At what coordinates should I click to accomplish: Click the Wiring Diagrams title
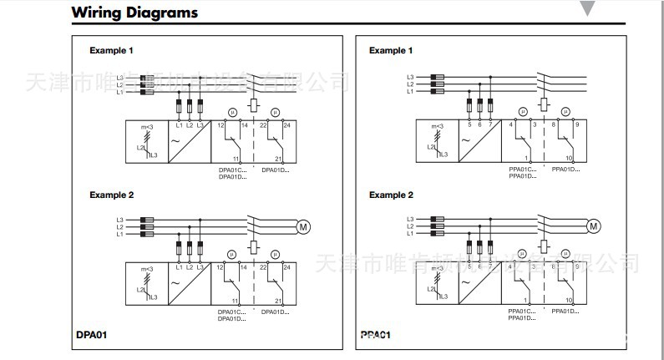(x=134, y=13)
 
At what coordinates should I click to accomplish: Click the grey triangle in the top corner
(x=588, y=8)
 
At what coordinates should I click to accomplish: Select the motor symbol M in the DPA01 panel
(x=303, y=226)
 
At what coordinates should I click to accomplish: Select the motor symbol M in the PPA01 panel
(x=594, y=226)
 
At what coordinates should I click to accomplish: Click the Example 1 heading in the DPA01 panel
(x=112, y=51)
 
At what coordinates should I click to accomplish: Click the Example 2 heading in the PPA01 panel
(x=391, y=195)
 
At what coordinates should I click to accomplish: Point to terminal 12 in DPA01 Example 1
(x=220, y=125)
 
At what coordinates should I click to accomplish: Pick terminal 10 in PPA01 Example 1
(x=569, y=158)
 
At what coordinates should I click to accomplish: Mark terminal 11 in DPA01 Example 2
(x=235, y=300)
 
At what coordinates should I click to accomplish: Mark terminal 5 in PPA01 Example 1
(x=469, y=125)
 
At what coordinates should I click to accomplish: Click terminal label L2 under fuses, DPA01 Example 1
(x=190, y=125)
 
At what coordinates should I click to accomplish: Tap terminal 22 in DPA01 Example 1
(x=263, y=125)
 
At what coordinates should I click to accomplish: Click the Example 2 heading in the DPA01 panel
(x=112, y=195)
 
